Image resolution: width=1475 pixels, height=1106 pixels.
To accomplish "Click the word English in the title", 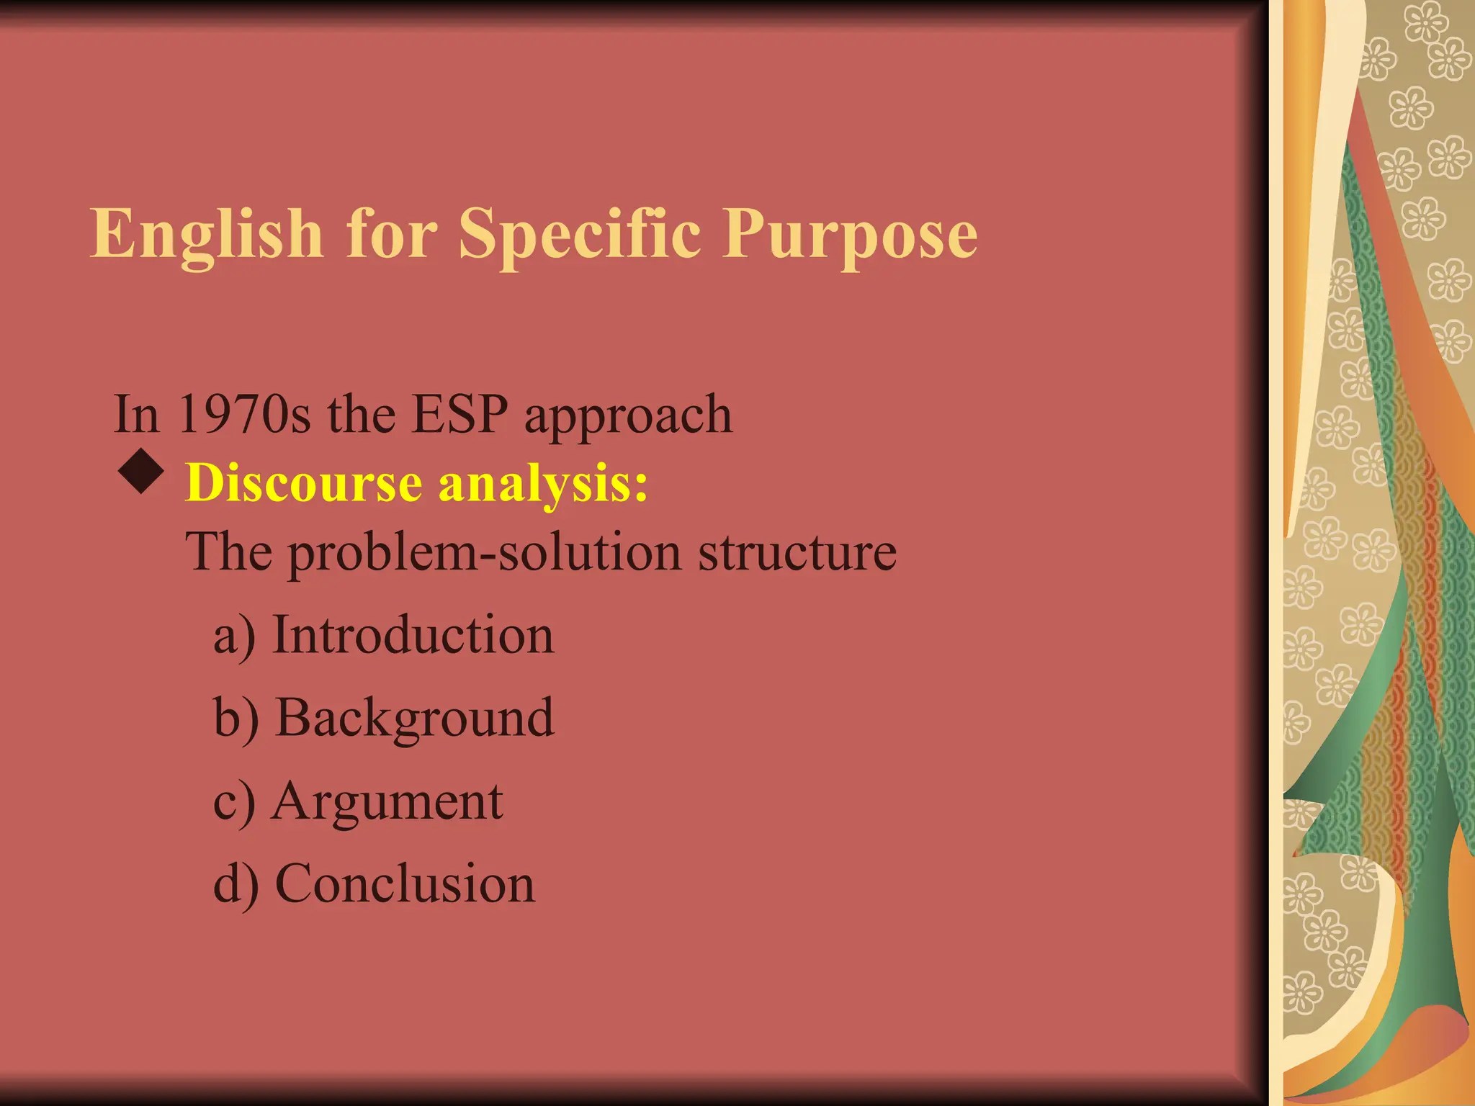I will (207, 234).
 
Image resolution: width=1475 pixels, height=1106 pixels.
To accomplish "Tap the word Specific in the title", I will (580, 234).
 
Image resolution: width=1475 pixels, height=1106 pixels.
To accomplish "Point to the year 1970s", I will (245, 415).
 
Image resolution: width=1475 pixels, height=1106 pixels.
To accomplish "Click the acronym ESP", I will (459, 415).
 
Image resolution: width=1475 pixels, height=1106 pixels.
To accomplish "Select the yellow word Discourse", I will (303, 482).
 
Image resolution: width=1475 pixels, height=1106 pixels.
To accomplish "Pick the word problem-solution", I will (485, 553).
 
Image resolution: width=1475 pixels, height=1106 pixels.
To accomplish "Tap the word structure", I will (797, 553).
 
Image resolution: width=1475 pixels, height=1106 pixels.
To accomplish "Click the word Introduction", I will (413, 635).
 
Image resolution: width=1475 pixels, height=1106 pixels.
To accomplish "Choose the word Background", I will (415, 719).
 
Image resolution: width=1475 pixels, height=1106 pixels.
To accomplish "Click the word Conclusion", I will (405, 884).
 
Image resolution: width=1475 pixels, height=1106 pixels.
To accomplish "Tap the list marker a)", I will (234, 637).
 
